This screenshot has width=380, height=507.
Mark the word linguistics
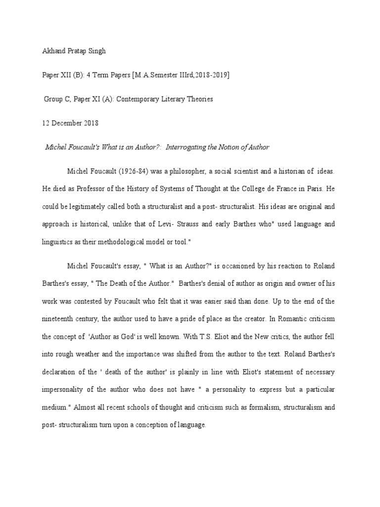tap(58, 242)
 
